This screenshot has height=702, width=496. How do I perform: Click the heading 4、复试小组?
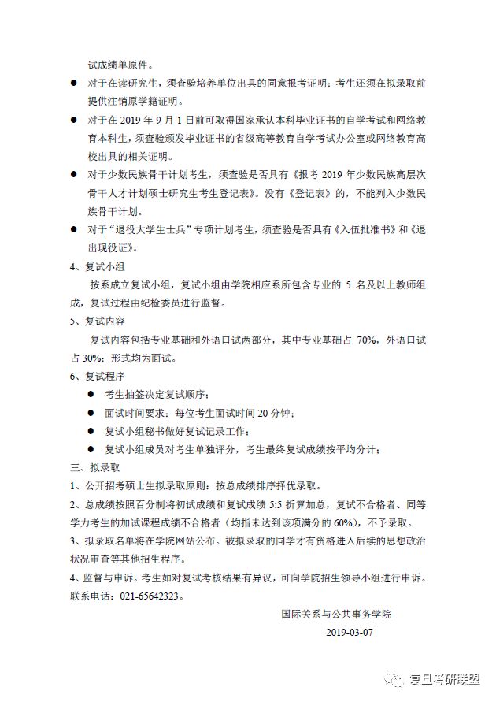pyautogui.click(x=92, y=266)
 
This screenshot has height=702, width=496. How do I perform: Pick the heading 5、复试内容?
pyautogui.click(x=92, y=321)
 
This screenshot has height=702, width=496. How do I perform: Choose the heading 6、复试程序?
pyautogui.click(x=92, y=377)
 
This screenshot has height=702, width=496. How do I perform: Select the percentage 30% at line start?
pyautogui.click(x=81, y=358)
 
